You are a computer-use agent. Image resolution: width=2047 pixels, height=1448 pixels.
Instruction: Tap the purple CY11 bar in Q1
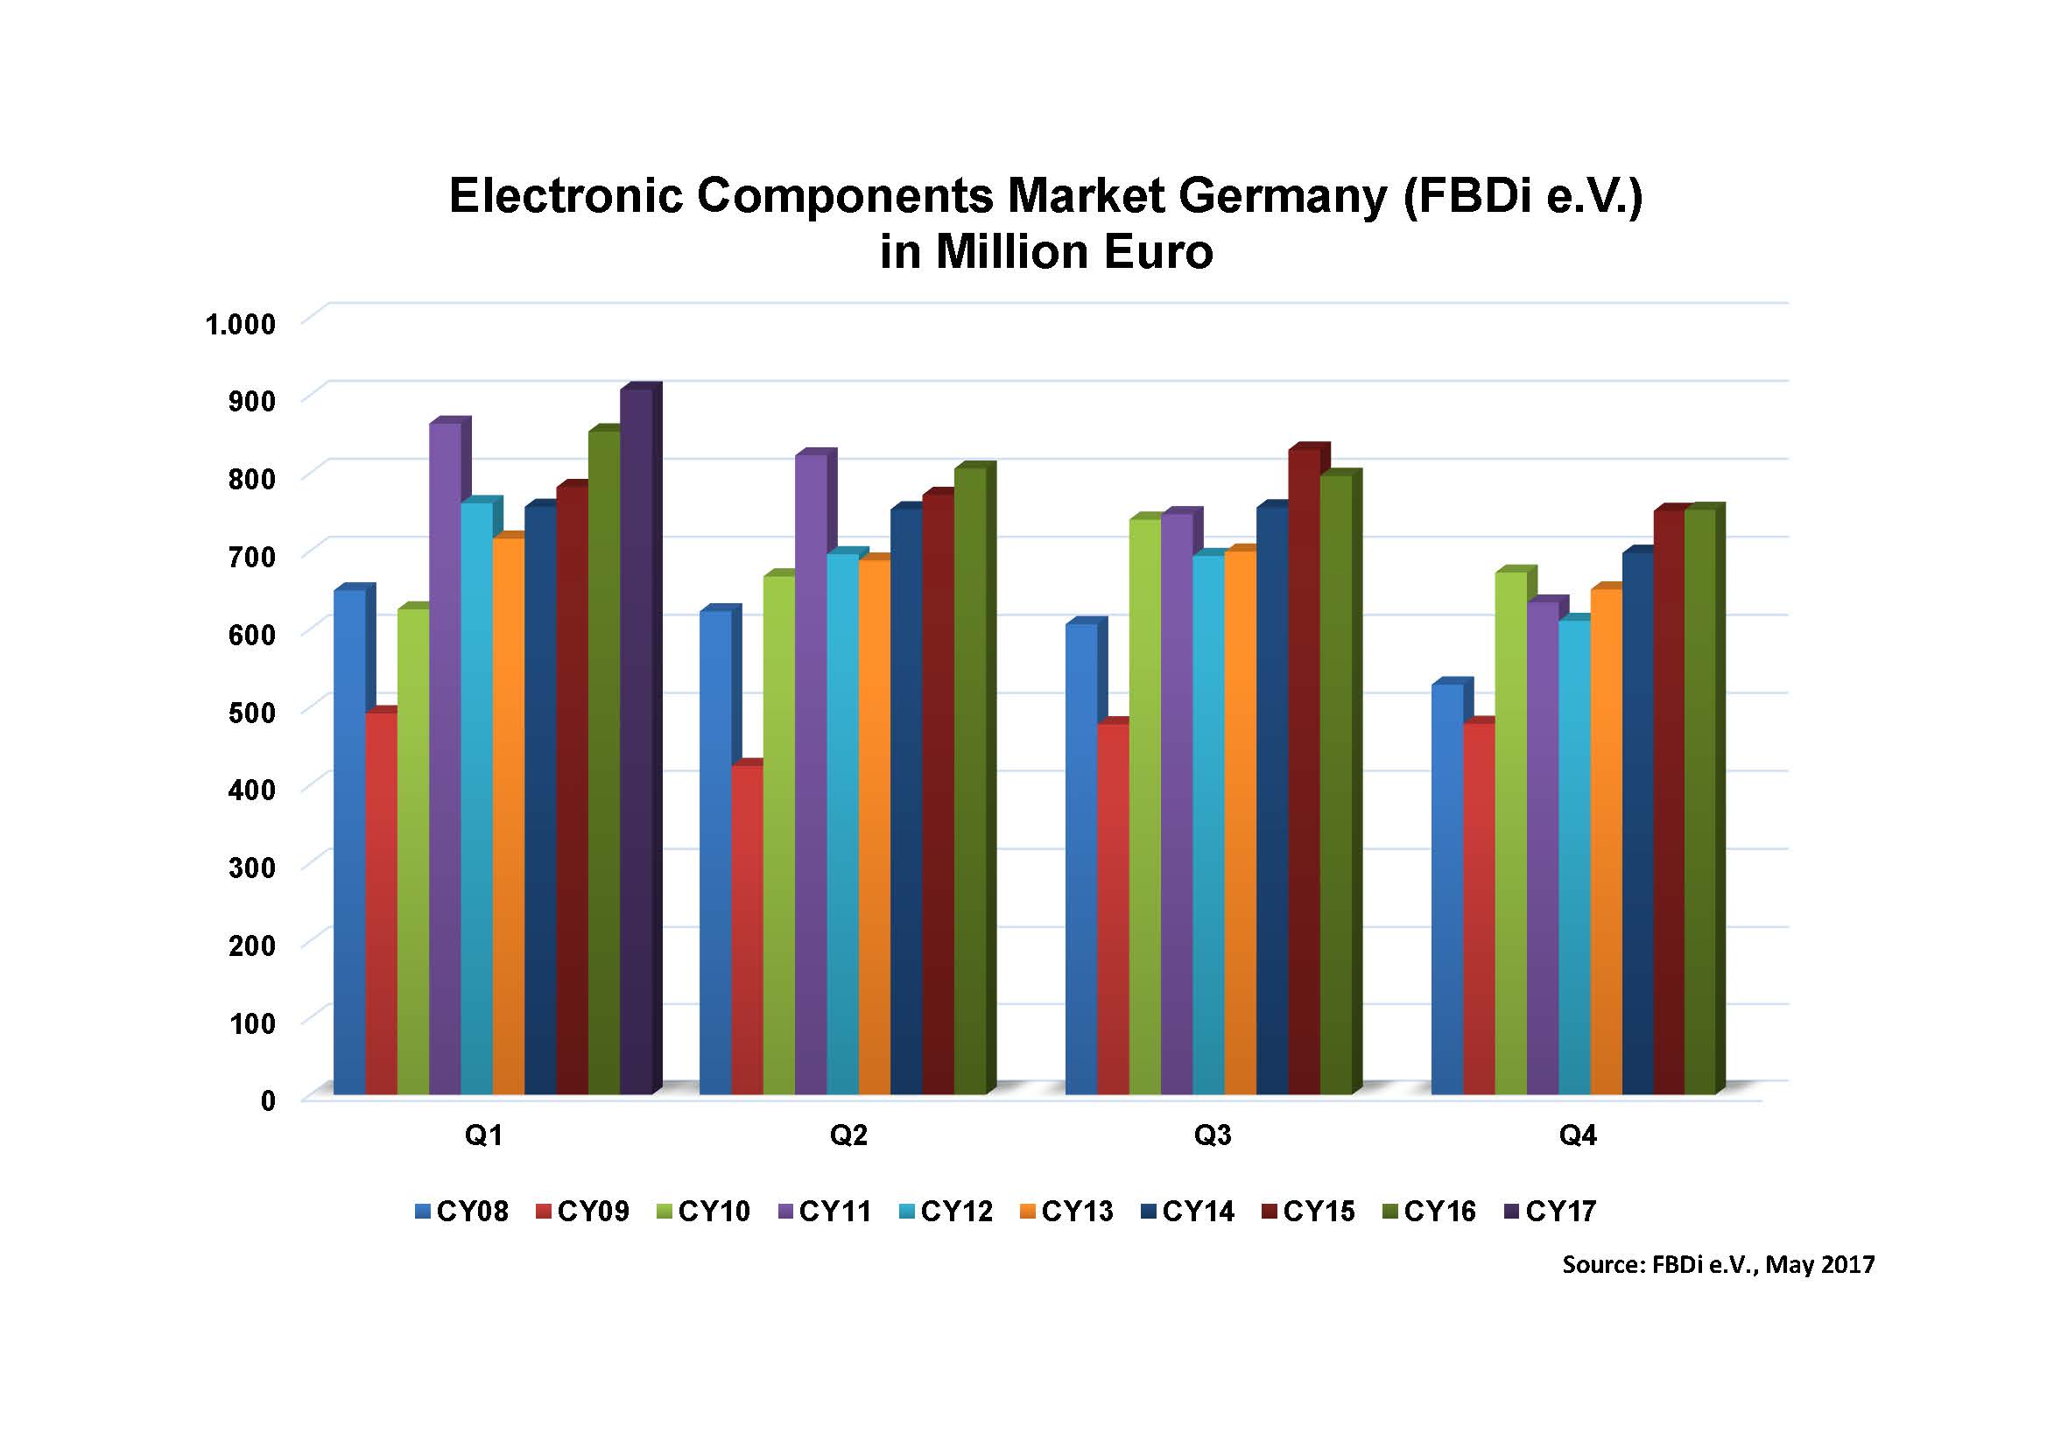[445, 758]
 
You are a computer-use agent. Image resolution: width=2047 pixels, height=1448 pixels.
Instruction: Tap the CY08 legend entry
[461, 1211]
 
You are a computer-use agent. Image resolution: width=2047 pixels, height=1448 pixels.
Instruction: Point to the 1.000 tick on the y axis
[241, 324]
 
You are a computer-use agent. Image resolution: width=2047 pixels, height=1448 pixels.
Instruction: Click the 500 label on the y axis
[251, 713]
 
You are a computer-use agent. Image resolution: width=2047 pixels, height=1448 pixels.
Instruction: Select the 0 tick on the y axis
[267, 1101]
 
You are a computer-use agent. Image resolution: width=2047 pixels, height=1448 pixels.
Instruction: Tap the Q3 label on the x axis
[1213, 1135]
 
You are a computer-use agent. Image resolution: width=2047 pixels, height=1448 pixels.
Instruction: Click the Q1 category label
[483, 1135]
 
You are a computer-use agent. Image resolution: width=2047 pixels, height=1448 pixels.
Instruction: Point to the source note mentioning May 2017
[1718, 1264]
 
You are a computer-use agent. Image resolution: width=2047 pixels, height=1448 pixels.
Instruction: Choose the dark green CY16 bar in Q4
[1699, 803]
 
